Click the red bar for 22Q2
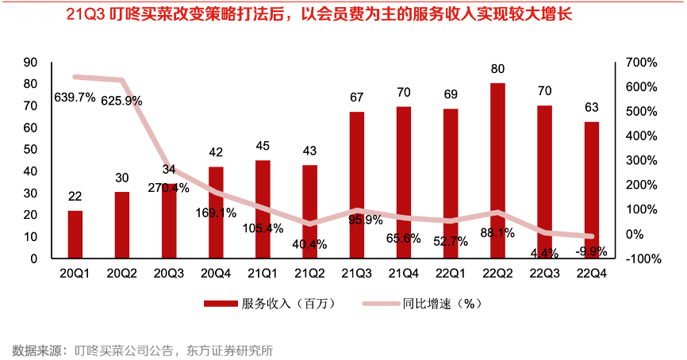point(497,170)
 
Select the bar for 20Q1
point(75,234)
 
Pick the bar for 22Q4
point(592,190)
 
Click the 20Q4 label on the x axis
point(216,273)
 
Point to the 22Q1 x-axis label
point(451,273)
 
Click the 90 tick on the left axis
point(31,62)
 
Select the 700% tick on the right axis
point(640,62)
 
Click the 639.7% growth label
point(75,98)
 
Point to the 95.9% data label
point(358,220)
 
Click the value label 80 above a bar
point(497,69)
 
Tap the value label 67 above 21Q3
point(357,98)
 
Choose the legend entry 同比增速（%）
point(439,303)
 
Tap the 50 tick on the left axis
point(31,149)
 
